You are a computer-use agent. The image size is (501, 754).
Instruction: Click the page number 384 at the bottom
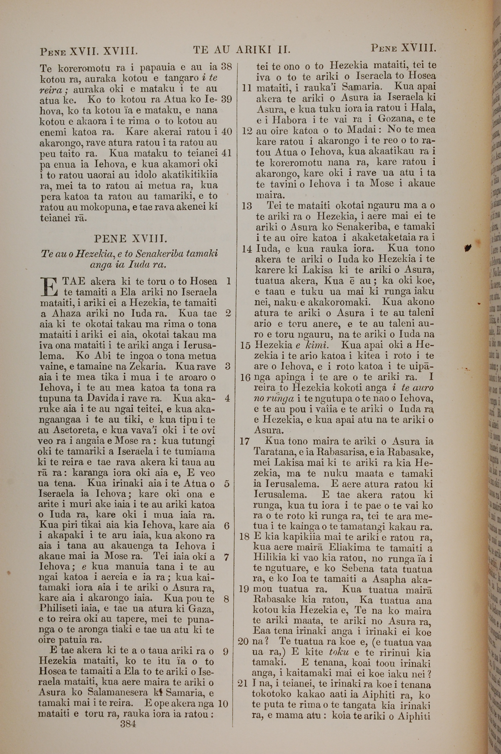(128, 715)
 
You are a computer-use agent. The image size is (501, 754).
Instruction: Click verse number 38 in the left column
(226, 66)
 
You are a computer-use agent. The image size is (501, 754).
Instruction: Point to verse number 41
(226, 153)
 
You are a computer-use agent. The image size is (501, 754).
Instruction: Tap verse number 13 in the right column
(247, 206)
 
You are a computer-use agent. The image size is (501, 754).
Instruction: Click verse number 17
(244, 441)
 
